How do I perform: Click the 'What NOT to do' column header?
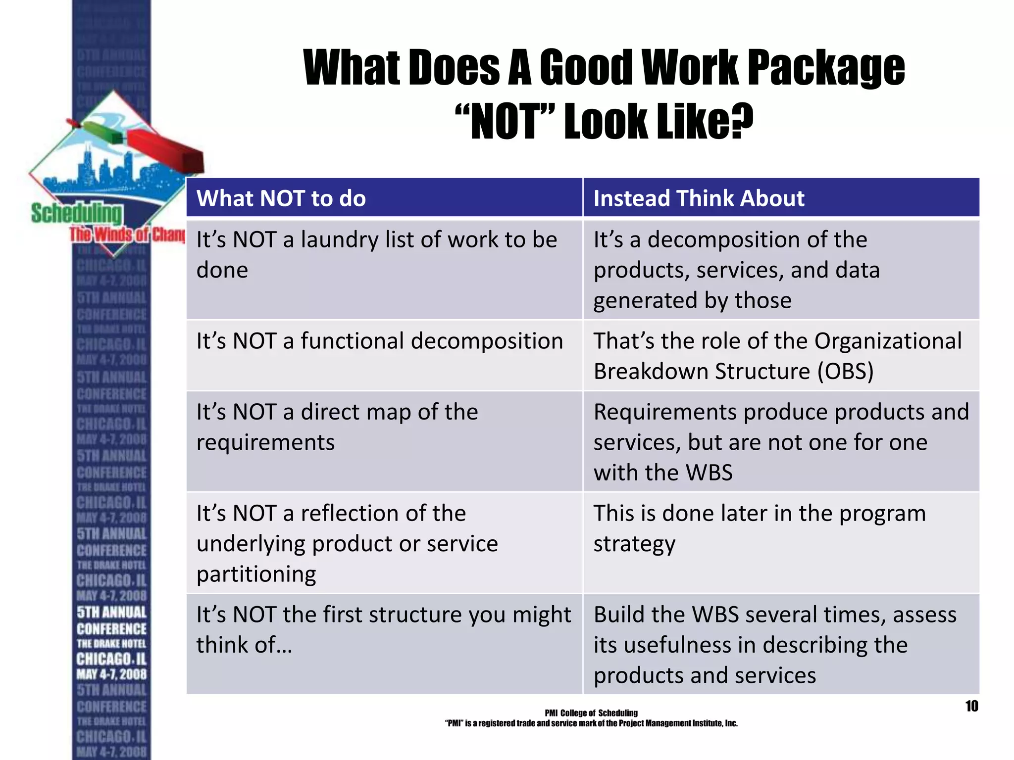click(281, 198)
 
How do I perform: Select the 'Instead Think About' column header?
click(699, 198)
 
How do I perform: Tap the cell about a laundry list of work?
click(384, 270)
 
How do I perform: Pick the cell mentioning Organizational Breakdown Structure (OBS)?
click(781, 355)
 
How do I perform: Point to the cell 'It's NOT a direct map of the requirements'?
click(384, 440)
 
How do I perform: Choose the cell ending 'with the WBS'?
click(781, 441)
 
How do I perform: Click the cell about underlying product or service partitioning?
click(384, 543)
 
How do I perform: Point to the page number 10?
click(971, 706)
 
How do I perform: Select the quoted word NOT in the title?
click(505, 122)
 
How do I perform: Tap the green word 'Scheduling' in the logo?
click(76, 214)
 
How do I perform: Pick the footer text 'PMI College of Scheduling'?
click(591, 713)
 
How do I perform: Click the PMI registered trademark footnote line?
click(591, 723)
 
